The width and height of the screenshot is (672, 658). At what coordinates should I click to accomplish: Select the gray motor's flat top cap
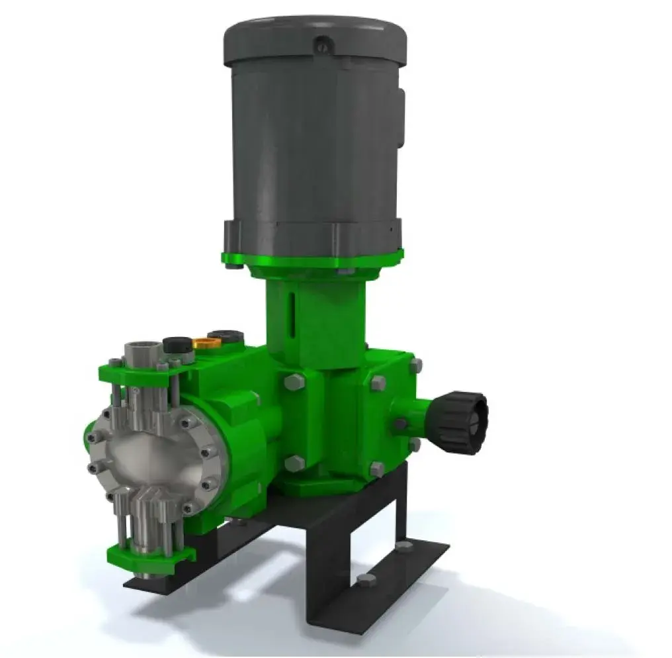click(314, 36)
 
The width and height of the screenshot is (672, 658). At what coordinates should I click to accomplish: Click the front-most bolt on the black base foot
click(365, 581)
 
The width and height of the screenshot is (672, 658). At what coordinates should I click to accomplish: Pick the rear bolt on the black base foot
click(404, 547)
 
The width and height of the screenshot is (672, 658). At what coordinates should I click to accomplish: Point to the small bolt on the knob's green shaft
click(400, 424)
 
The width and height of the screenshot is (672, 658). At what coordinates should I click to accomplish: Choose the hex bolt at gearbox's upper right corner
click(415, 365)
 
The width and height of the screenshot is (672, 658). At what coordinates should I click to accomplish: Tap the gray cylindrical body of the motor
click(311, 146)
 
